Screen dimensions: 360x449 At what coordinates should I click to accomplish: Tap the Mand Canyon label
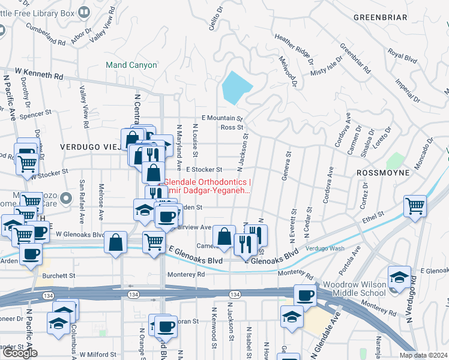[131, 65]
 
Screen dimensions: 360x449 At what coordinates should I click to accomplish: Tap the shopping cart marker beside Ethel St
[415, 206]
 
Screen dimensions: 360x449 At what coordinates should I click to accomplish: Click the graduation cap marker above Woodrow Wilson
[399, 277]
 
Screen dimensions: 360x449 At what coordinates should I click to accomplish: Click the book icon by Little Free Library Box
[83, 11]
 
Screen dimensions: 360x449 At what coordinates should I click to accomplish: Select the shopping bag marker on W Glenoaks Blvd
[115, 243]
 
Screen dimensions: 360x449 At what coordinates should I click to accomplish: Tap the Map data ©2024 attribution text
[423, 355]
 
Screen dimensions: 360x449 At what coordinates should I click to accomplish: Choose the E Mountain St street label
[221, 119]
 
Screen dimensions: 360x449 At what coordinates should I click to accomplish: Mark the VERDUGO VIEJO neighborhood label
[88, 146]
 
